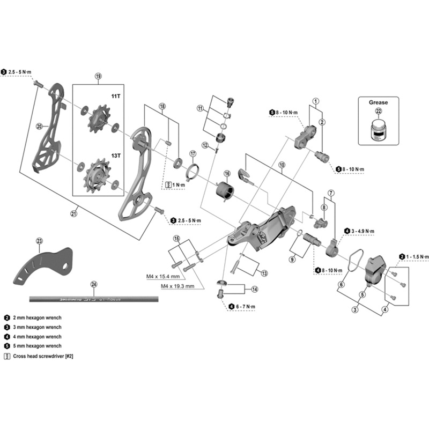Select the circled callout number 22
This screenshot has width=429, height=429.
[x=379, y=112]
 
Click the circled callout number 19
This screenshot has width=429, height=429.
[x=98, y=77]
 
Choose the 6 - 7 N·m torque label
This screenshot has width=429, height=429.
[x=243, y=307]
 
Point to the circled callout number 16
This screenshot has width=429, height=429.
[x=227, y=174]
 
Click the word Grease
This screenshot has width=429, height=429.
[x=379, y=102]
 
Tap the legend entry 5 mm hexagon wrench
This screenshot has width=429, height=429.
[x=35, y=346]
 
